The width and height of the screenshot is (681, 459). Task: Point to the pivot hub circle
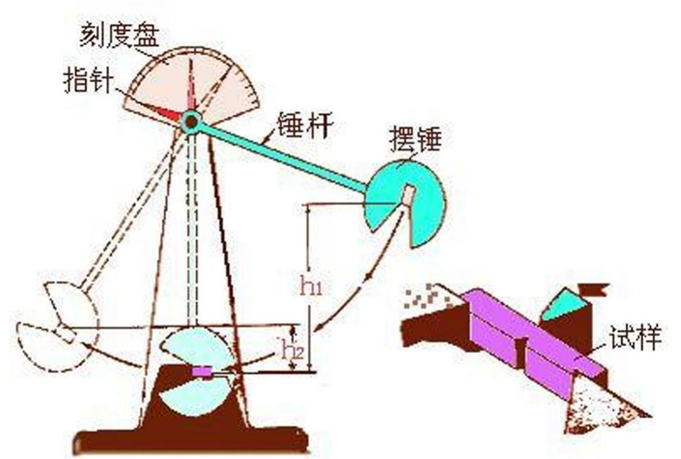pyautogui.click(x=190, y=121)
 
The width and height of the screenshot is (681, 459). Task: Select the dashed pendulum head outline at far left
pyautogui.click(x=59, y=321)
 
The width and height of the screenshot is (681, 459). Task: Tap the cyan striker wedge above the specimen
pyautogui.click(x=562, y=306)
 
